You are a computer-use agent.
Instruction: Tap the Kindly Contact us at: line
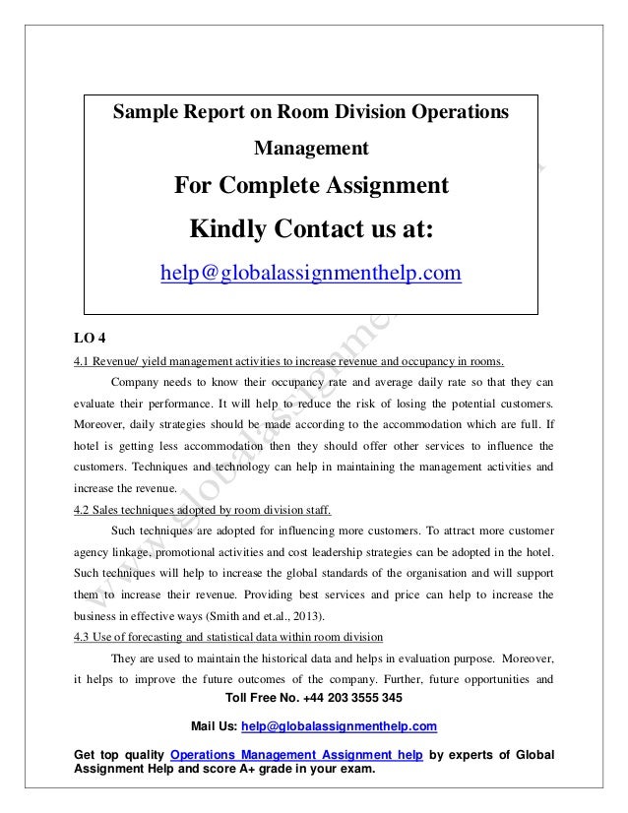[x=311, y=229]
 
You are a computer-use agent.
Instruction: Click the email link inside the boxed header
[x=311, y=271]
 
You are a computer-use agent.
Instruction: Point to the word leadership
[x=376, y=551]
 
